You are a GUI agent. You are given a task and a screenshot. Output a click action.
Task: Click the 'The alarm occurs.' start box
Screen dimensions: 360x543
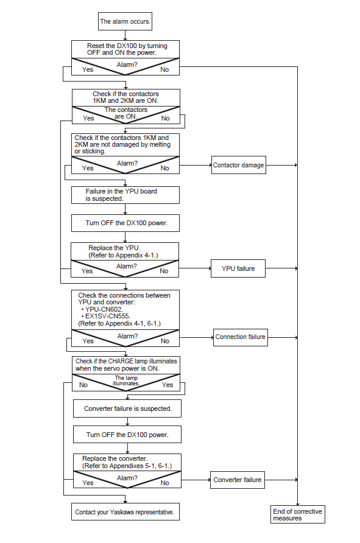[125, 21]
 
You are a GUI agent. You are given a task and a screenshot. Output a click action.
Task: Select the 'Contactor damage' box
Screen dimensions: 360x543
[238, 165]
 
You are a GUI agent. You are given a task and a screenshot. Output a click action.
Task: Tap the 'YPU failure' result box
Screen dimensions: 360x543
[238, 268]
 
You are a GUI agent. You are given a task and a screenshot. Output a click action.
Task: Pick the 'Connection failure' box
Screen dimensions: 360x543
[240, 337]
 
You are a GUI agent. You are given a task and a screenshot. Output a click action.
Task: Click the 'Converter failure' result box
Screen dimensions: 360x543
[238, 480]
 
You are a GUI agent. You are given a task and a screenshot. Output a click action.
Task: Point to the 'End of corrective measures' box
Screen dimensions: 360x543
[298, 514]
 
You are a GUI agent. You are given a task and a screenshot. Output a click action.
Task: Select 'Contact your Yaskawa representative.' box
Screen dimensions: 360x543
[125, 512]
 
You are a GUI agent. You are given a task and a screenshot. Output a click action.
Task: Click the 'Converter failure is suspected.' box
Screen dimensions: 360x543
[127, 408]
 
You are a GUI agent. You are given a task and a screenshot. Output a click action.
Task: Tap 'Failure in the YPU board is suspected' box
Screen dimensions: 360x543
[125, 195]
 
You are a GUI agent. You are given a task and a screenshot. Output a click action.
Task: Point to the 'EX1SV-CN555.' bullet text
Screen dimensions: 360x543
[105, 316]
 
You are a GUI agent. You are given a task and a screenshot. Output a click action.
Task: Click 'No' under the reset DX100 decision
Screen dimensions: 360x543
[164, 69]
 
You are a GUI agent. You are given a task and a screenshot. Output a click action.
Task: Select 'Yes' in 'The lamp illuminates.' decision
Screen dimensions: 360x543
[168, 385]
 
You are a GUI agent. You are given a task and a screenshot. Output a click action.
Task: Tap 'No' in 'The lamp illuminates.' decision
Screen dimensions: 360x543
[83, 385]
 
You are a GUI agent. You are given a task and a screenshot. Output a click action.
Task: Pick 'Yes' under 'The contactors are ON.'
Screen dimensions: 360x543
[88, 118]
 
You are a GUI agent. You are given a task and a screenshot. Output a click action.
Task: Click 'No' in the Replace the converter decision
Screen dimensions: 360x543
[165, 483]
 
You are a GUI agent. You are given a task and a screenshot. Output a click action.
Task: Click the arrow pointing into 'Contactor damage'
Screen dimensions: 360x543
[196, 165]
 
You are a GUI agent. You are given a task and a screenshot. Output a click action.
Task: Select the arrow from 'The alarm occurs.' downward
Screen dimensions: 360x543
[125, 35]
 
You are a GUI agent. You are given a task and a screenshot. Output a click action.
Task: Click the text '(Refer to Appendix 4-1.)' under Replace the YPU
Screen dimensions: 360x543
[123, 255]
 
